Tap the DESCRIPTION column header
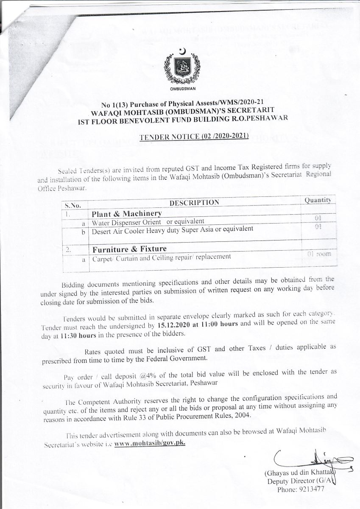pos(194,202)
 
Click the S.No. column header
pos(73,205)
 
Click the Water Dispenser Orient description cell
pos(148,222)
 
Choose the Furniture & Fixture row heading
pos(129,249)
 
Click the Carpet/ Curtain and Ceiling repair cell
pos(161,257)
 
